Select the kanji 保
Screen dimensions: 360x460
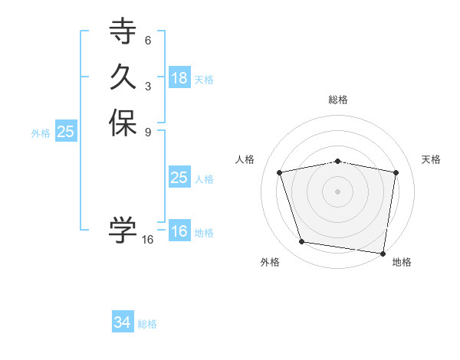tap(123, 123)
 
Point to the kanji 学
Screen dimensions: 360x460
tap(123, 228)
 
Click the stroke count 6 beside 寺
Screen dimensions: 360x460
tap(148, 40)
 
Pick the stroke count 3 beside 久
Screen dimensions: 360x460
tap(148, 86)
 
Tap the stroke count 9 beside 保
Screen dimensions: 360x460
tap(148, 132)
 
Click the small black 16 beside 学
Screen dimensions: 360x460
tap(148, 240)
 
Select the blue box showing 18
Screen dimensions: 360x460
tap(179, 78)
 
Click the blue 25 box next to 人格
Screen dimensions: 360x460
tap(179, 178)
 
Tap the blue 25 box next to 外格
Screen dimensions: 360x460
tap(66, 132)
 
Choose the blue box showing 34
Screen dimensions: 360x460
tap(123, 323)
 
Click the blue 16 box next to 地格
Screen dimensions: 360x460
tap(179, 231)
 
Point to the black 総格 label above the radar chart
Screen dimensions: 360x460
tap(338, 100)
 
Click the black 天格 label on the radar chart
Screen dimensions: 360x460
tap(431, 159)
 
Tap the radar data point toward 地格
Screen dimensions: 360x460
tap(383, 253)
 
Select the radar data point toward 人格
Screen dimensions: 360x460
tap(280, 172)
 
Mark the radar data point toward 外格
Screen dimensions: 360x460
tap(302, 242)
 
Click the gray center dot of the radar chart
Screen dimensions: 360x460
tap(338, 191)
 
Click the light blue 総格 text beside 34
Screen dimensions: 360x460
tap(147, 324)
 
